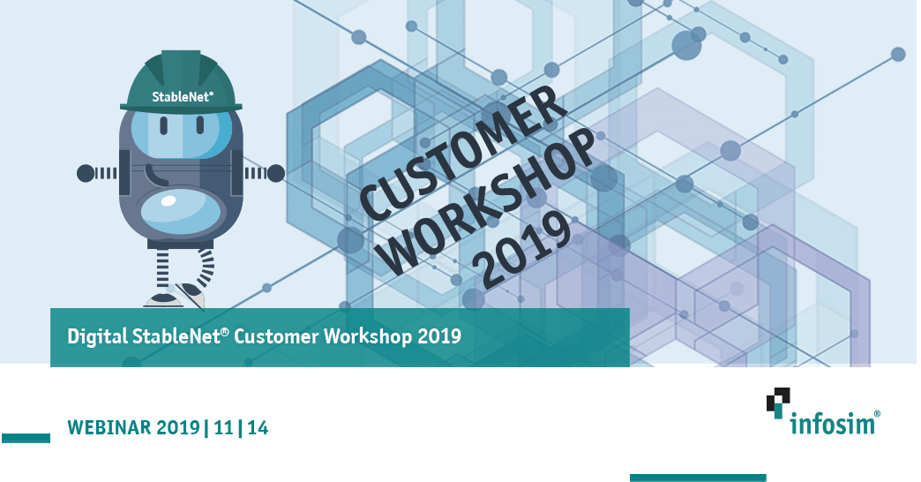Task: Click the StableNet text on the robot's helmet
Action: click(x=183, y=97)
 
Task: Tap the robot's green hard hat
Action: click(x=181, y=81)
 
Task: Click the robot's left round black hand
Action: click(x=86, y=173)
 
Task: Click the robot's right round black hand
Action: click(x=276, y=173)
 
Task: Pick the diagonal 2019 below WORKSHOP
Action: click(x=526, y=250)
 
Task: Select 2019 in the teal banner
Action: click(x=439, y=336)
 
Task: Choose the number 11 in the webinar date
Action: click(x=224, y=427)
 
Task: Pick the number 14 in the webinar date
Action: click(x=258, y=427)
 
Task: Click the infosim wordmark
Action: click(x=835, y=423)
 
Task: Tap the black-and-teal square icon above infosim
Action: click(x=778, y=403)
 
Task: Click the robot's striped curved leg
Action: click(x=204, y=268)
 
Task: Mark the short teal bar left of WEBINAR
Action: click(x=26, y=438)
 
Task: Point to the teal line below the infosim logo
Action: click(x=698, y=478)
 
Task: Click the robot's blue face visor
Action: click(x=181, y=134)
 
